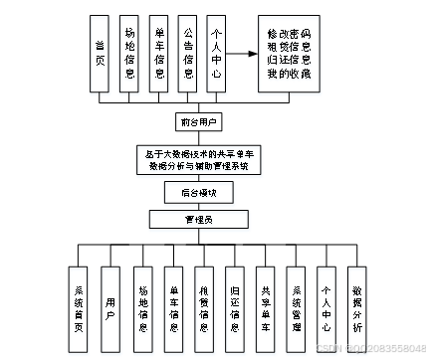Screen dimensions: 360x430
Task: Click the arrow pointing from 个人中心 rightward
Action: (240, 54)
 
